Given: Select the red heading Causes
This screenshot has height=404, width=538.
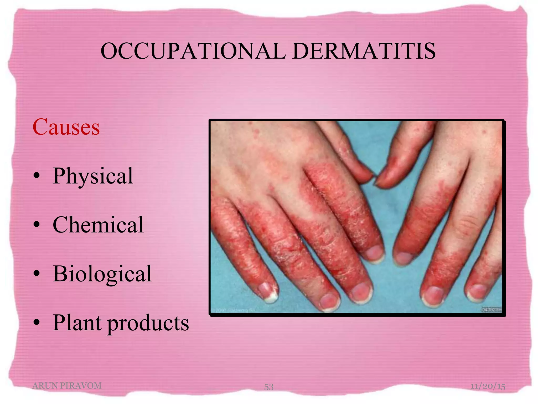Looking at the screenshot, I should pos(66,127).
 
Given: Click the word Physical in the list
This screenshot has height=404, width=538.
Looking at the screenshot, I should pos(93,176).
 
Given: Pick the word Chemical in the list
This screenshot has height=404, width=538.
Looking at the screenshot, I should pos(98,225).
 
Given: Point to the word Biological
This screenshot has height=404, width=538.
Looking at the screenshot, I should pos(102,274).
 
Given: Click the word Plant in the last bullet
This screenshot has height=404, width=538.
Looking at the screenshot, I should pos(77,323).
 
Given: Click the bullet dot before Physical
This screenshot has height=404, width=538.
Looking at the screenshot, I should pos(37,176).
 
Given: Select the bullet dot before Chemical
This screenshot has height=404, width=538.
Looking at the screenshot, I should pos(37,225).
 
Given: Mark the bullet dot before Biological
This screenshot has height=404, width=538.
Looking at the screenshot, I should pos(37,274).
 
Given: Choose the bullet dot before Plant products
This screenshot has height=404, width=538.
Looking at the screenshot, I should pos(37,322).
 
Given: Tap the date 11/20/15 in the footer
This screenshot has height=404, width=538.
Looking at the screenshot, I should pos(488,386).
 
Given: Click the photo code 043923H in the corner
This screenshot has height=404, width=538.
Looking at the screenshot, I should pos(492,310).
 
